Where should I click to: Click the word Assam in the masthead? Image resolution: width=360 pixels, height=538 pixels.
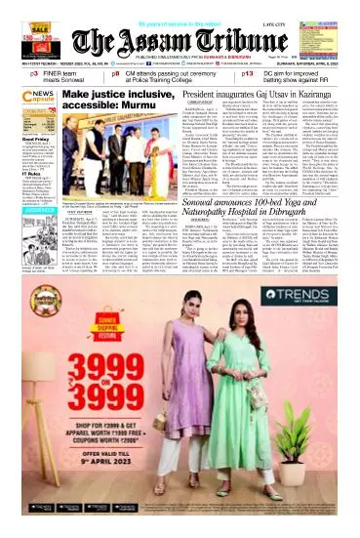[177, 41]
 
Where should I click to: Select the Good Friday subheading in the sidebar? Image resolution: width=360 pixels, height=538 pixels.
[17, 167]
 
